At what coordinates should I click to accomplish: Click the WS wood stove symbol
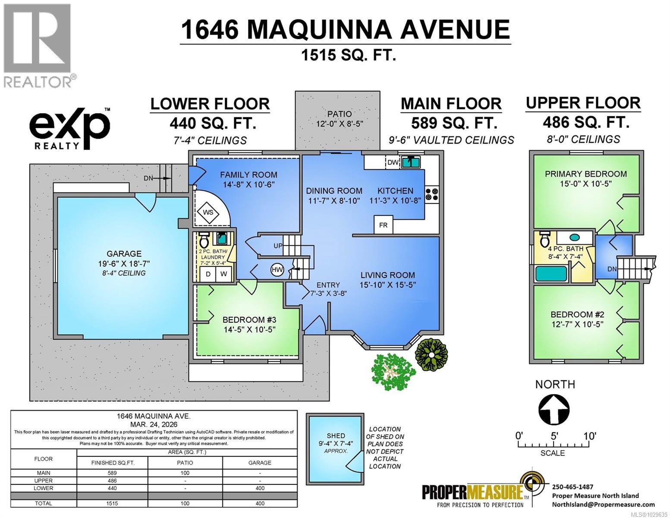click(x=208, y=212)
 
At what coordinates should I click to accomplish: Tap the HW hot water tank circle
click(x=277, y=270)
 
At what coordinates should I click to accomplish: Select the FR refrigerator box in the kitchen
click(x=383, y=225)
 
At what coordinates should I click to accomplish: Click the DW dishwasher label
click(x=393, y=162)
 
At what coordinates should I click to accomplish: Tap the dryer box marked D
click(x=208, y=274)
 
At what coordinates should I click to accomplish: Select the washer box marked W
click(x=223, y=274)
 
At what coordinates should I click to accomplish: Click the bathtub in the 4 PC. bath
click(x=550, y=274)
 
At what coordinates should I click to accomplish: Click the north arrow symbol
click(x=554, y=409)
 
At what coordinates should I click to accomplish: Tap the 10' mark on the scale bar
click(x=589, y=436)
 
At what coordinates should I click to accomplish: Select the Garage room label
click(x=124, y=254)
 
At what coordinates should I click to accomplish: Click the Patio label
click(x=339, y=114)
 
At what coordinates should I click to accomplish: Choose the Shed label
click(x=336, y=436)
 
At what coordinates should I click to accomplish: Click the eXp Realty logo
click(x=69, y=128)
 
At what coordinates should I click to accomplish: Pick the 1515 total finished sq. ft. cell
click(x=113, y=503)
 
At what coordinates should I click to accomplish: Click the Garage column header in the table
click(x=259, y=462)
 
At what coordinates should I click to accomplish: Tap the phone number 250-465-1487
click(x=572, y=486)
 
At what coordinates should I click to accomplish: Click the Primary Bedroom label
click(x=585, y=174)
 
